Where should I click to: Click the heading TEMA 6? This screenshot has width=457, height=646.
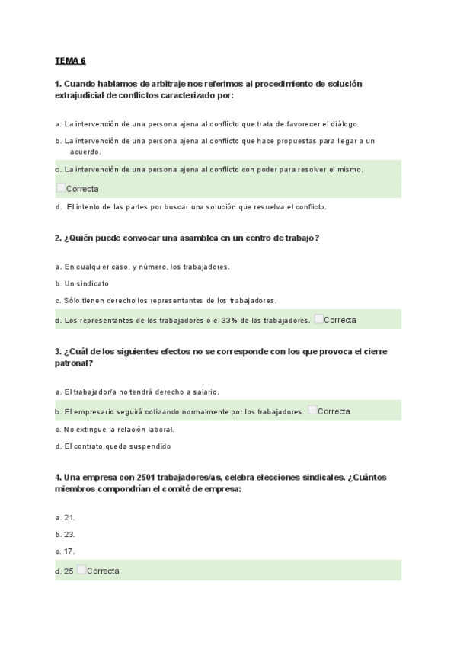pyautogui.click(x=70, y=60)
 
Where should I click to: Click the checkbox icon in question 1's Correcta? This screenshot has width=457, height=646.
pyautogui.click(x=60, y=187)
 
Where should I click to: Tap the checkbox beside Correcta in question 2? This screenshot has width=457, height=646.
pyautogui.click(x=318, y=319)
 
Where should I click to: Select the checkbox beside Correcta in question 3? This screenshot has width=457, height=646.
pyautogui.click(x=312, y=411)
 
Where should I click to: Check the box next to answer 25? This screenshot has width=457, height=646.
pyautogui.click(x=81, y=570)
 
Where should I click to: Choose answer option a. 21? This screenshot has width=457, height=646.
pyautogui.click(x=65, y=517)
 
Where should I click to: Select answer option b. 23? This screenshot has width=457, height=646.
pyautogui.click(x=65, y=534)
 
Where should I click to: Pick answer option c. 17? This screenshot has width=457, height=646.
pyautogui.click(x=65, y=551)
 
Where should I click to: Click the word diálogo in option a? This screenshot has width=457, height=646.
pyautogui.click(x=343, y=123)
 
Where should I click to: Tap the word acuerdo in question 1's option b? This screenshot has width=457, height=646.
pyautogui.click(x=85, y=152)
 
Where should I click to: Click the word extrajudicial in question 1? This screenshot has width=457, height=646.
pyautogui.click(x=82, y=95)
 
